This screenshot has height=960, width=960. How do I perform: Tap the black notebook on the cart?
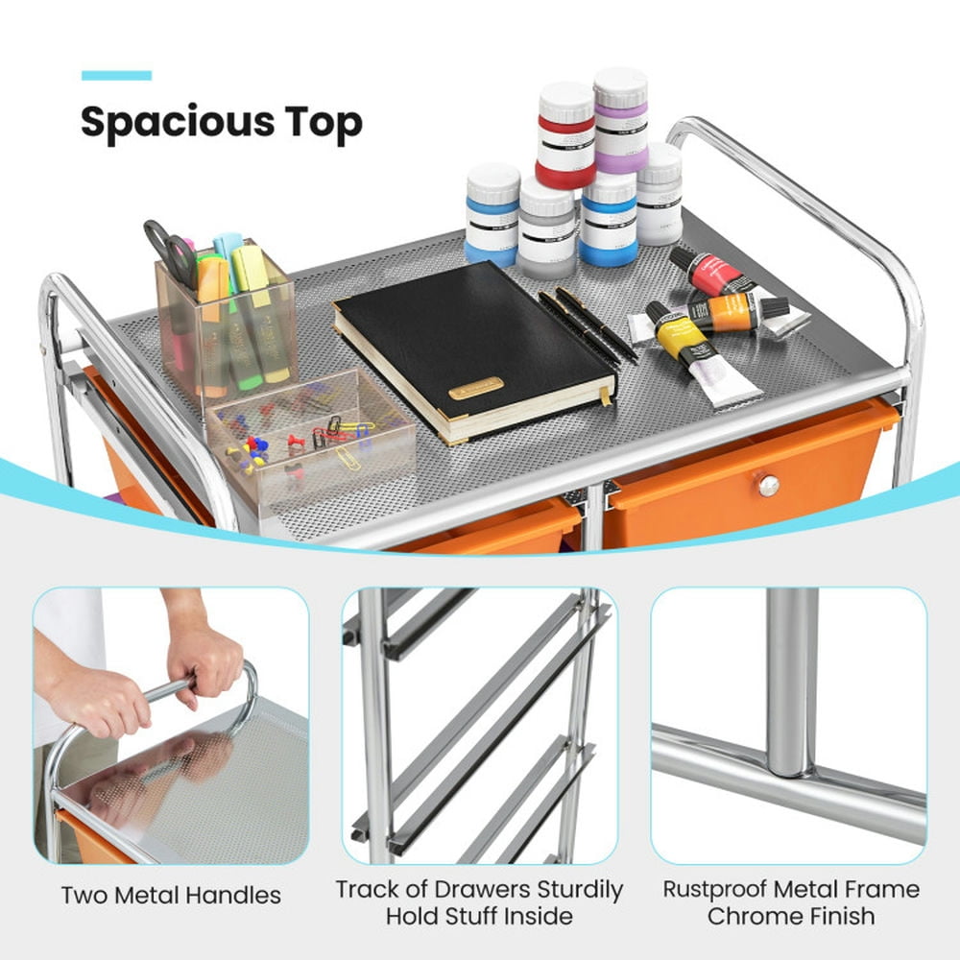pos(470,346)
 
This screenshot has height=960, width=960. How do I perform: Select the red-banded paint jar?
pos(565,135)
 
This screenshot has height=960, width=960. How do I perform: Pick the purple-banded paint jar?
pos(620,120)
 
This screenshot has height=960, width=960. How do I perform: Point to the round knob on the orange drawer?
pos(768,486)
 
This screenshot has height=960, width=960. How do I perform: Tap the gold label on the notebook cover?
pos(475,387)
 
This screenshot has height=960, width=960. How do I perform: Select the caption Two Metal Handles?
pos(171,896)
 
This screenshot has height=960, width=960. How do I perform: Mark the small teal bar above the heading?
pos(116,75)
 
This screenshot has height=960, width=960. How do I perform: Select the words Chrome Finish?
pos(791,916)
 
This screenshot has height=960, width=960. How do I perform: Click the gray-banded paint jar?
pos(546,228)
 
